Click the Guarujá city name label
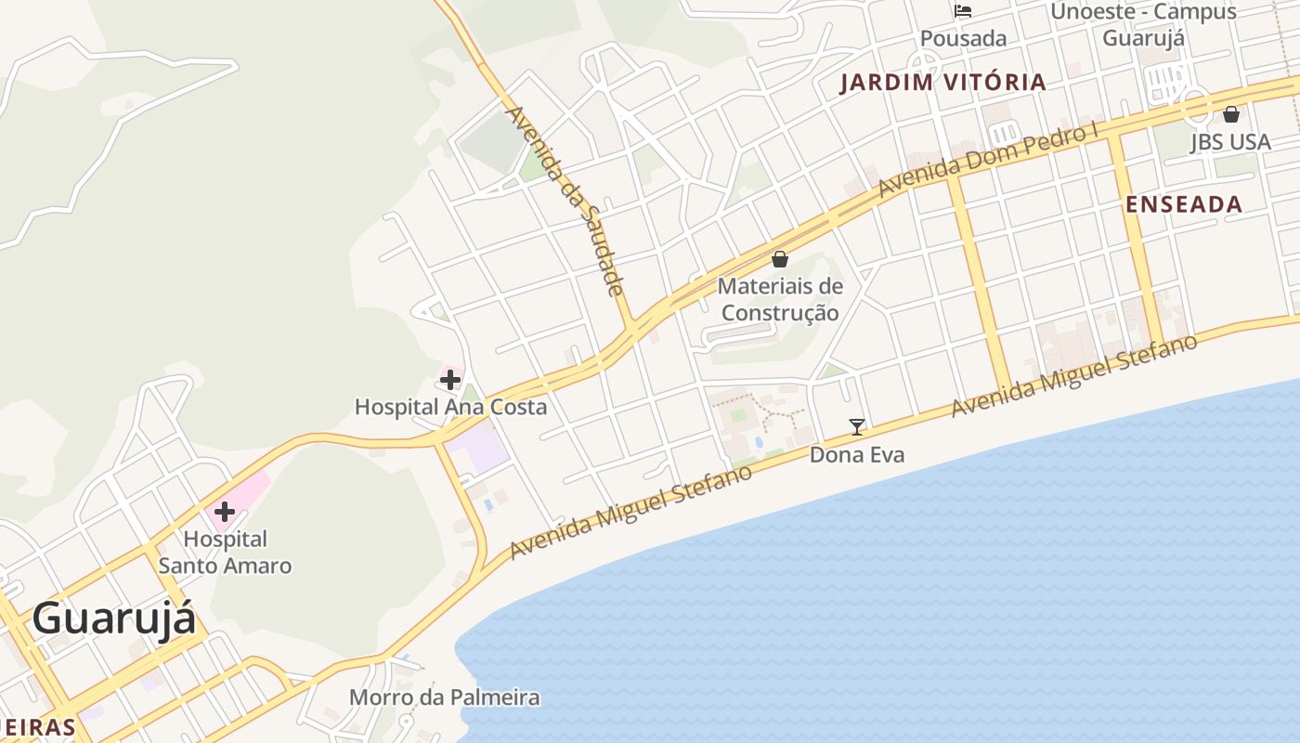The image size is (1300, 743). tap(114, 619)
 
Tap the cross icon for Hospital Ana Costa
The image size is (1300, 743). tap(450, 380)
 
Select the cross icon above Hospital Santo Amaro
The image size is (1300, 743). tap(224, 512)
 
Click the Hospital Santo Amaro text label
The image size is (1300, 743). tap(225, 552)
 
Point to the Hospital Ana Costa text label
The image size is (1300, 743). tap(450, 407)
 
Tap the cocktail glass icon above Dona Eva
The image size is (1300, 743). tap(857, 427)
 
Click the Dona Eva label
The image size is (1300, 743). tap(857, 455)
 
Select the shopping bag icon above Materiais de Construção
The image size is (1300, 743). tap(780, 259)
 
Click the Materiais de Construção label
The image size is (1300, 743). tap(780, 299)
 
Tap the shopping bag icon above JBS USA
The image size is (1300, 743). tap(1231, 115)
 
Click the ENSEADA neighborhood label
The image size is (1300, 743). tap(1184, 205)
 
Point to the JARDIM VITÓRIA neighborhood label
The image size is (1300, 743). tap(943, 83)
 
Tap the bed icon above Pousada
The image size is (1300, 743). tap(963, 11)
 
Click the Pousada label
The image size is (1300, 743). tap(963, 39)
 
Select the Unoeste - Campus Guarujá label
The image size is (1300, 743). tap(1144, 25)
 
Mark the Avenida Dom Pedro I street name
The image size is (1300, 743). tap(988, 158)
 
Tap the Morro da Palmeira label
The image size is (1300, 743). tap(444, 697)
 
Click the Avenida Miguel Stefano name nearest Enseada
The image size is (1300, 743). tap(1074, 376)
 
